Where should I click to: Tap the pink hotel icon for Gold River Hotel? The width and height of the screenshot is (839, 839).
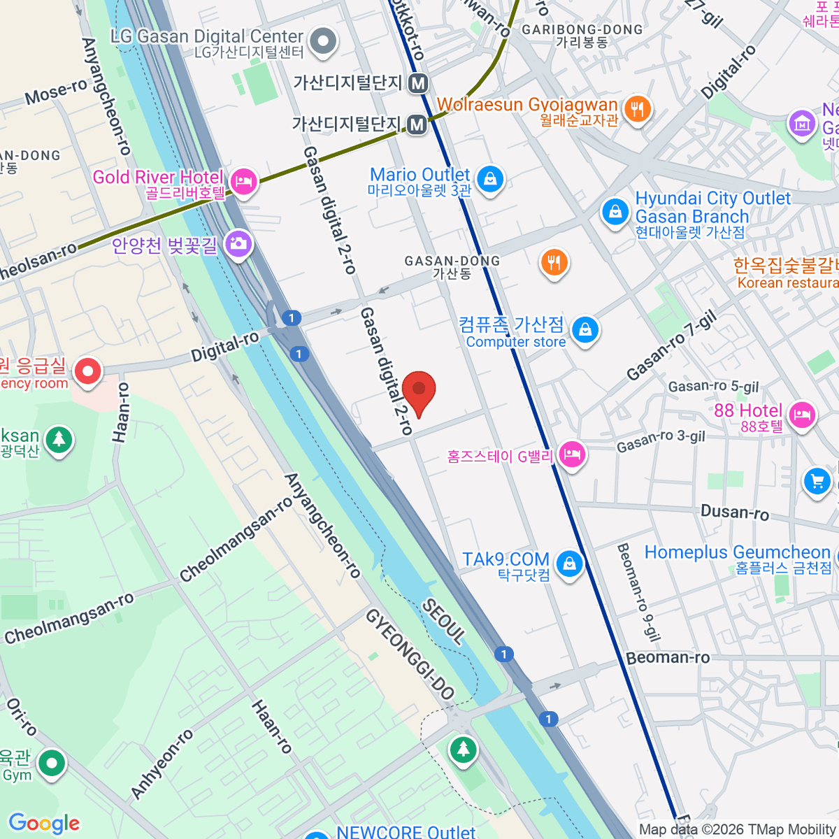(243, 181)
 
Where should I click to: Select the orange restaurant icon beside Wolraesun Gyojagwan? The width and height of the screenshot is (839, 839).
(636, 109)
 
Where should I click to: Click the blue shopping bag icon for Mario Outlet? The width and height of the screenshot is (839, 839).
(490, 178)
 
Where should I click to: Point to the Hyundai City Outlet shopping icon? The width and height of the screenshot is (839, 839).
(615, 210)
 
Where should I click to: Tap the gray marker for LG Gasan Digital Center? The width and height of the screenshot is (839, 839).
(323, 41)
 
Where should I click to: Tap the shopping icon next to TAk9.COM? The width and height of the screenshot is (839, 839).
(569, 563)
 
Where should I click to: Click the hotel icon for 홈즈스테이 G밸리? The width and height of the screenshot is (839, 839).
(571, 454)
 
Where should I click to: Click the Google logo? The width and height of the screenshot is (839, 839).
(44, 824)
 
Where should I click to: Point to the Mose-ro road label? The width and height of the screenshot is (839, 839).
(56, 92)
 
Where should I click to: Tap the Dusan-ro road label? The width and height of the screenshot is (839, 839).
(734, 512)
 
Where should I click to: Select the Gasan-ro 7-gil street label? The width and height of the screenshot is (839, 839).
(671, 346)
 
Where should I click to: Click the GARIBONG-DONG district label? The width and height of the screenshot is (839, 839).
(582, 29)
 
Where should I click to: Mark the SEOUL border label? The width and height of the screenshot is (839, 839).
(443, 622)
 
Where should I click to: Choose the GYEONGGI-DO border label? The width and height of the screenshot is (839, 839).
(410, 654)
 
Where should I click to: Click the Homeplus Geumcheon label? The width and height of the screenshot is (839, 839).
(737, 552)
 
